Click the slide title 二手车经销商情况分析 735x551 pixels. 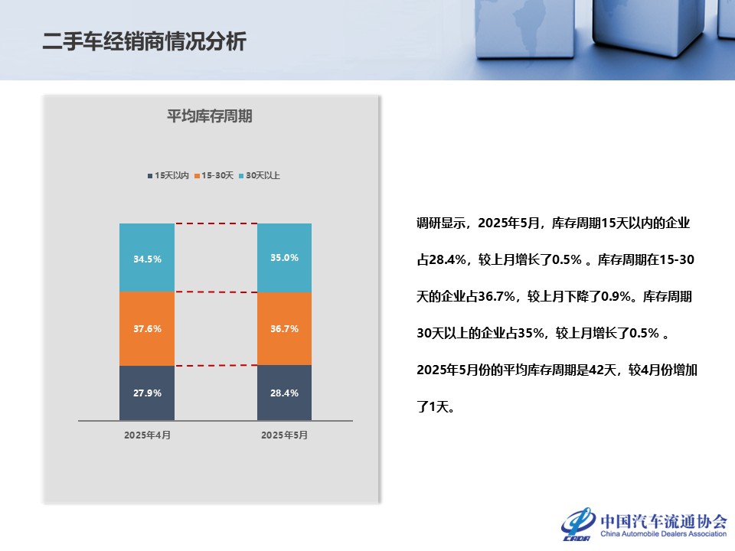[145, 41]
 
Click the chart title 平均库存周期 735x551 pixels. [210, 116]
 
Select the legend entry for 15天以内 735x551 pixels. [168, 175]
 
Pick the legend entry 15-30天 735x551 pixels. [214, 175]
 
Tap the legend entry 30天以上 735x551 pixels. [260, 175]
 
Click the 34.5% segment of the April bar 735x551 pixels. [147, 258]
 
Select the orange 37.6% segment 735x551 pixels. [147, 329]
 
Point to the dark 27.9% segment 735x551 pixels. [147, 393]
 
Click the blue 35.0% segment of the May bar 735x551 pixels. [284, 258]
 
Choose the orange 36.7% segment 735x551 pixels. [284, 329]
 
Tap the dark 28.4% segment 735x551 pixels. [284, 393]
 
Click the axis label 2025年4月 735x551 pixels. [147, 435]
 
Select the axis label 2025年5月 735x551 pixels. [284, 435]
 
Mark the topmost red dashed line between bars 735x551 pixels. [216, 223]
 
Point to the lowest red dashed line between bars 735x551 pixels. [216, 366]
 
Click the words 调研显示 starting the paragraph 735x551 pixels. [441, 223]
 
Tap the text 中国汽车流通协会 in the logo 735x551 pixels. [664, 521]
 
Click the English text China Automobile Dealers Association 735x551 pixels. [664, 533]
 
